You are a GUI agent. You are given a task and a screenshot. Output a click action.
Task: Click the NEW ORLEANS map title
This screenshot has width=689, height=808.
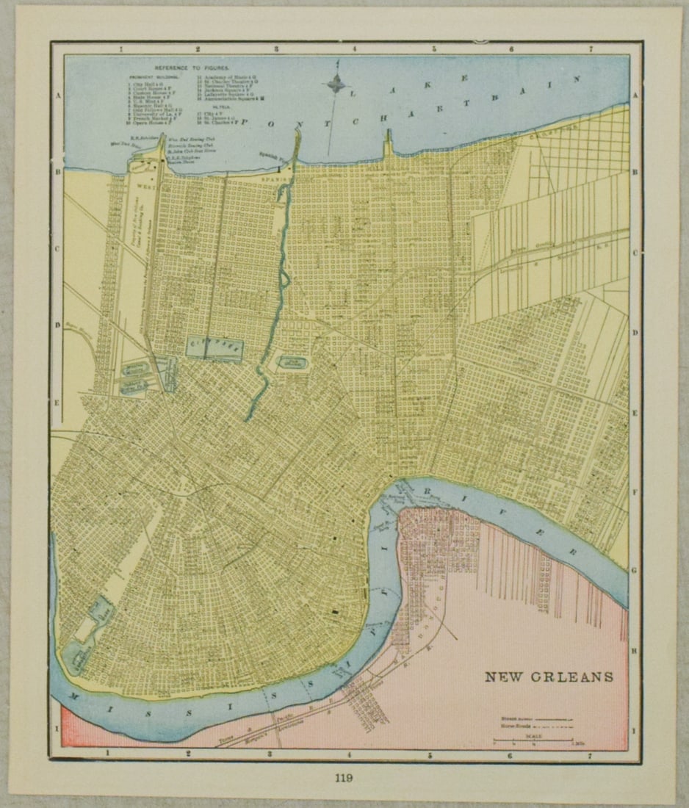[x=548, y=677]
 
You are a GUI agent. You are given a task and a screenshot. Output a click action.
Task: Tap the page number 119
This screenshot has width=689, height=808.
[x=344, y=779]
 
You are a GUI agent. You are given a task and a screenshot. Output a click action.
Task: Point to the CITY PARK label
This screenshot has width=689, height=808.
[x=214, y=344]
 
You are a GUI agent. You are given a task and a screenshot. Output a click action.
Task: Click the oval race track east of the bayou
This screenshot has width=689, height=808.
[x=292, y=362]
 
